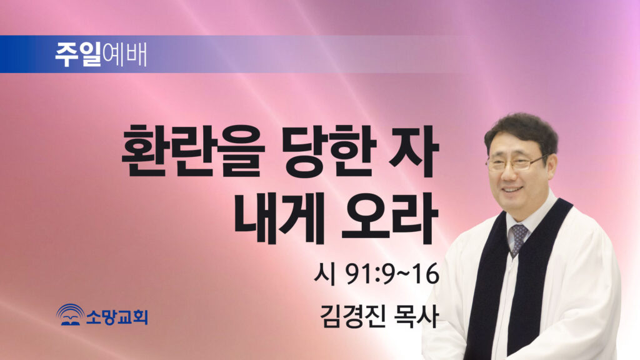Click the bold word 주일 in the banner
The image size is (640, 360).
coord(78,55)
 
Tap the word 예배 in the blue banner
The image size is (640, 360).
coord(124,55)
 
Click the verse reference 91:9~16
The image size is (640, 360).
coord(392,274)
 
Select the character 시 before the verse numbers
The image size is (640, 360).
coord(324,274)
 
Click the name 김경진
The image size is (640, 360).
coord(352,316)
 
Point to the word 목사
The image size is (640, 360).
coord(415,316)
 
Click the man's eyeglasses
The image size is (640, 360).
coord(515,163)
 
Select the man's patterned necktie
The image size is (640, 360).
coord(517,238)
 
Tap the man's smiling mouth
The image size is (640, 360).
coord(512,191)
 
